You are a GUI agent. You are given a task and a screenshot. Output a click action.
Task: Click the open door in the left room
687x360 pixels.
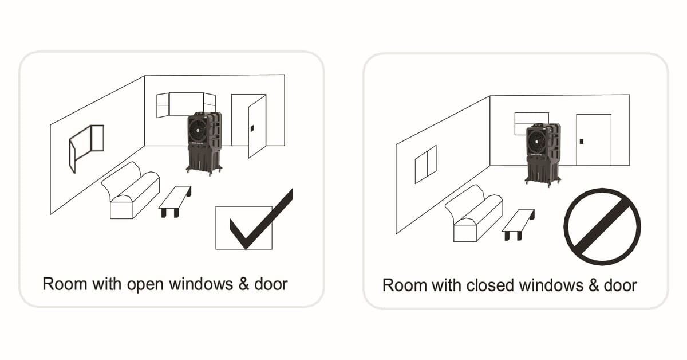256,126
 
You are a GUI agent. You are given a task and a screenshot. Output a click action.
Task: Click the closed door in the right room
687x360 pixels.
593,140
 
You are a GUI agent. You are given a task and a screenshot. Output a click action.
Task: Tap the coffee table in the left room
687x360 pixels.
175,199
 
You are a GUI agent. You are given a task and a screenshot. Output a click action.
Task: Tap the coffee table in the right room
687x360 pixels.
518,224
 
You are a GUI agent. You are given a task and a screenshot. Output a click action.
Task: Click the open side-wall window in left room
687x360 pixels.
86,147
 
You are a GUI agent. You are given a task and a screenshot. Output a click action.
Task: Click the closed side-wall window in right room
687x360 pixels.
425,164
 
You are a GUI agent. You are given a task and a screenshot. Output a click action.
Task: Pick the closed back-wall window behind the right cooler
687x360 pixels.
531,120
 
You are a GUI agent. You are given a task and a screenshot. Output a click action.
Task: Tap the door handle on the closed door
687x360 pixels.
581,141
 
